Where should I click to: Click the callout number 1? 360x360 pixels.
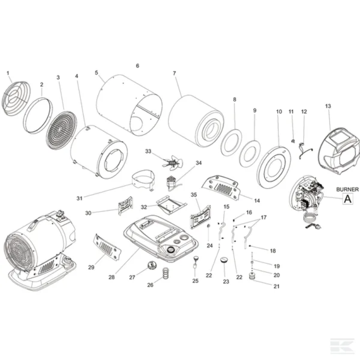pos(8,73)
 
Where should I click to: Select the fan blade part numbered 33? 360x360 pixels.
pos(169,162)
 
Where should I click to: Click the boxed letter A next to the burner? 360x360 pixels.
pos(347,198)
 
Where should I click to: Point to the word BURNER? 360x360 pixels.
pos(347,189)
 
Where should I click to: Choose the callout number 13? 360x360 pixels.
pos(328,106)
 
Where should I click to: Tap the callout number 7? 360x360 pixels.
pos(174,73)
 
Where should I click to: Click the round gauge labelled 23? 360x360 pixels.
pos(223,261)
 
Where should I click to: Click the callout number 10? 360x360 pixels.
pos(279,111)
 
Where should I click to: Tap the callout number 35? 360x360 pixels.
pos(194,195)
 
